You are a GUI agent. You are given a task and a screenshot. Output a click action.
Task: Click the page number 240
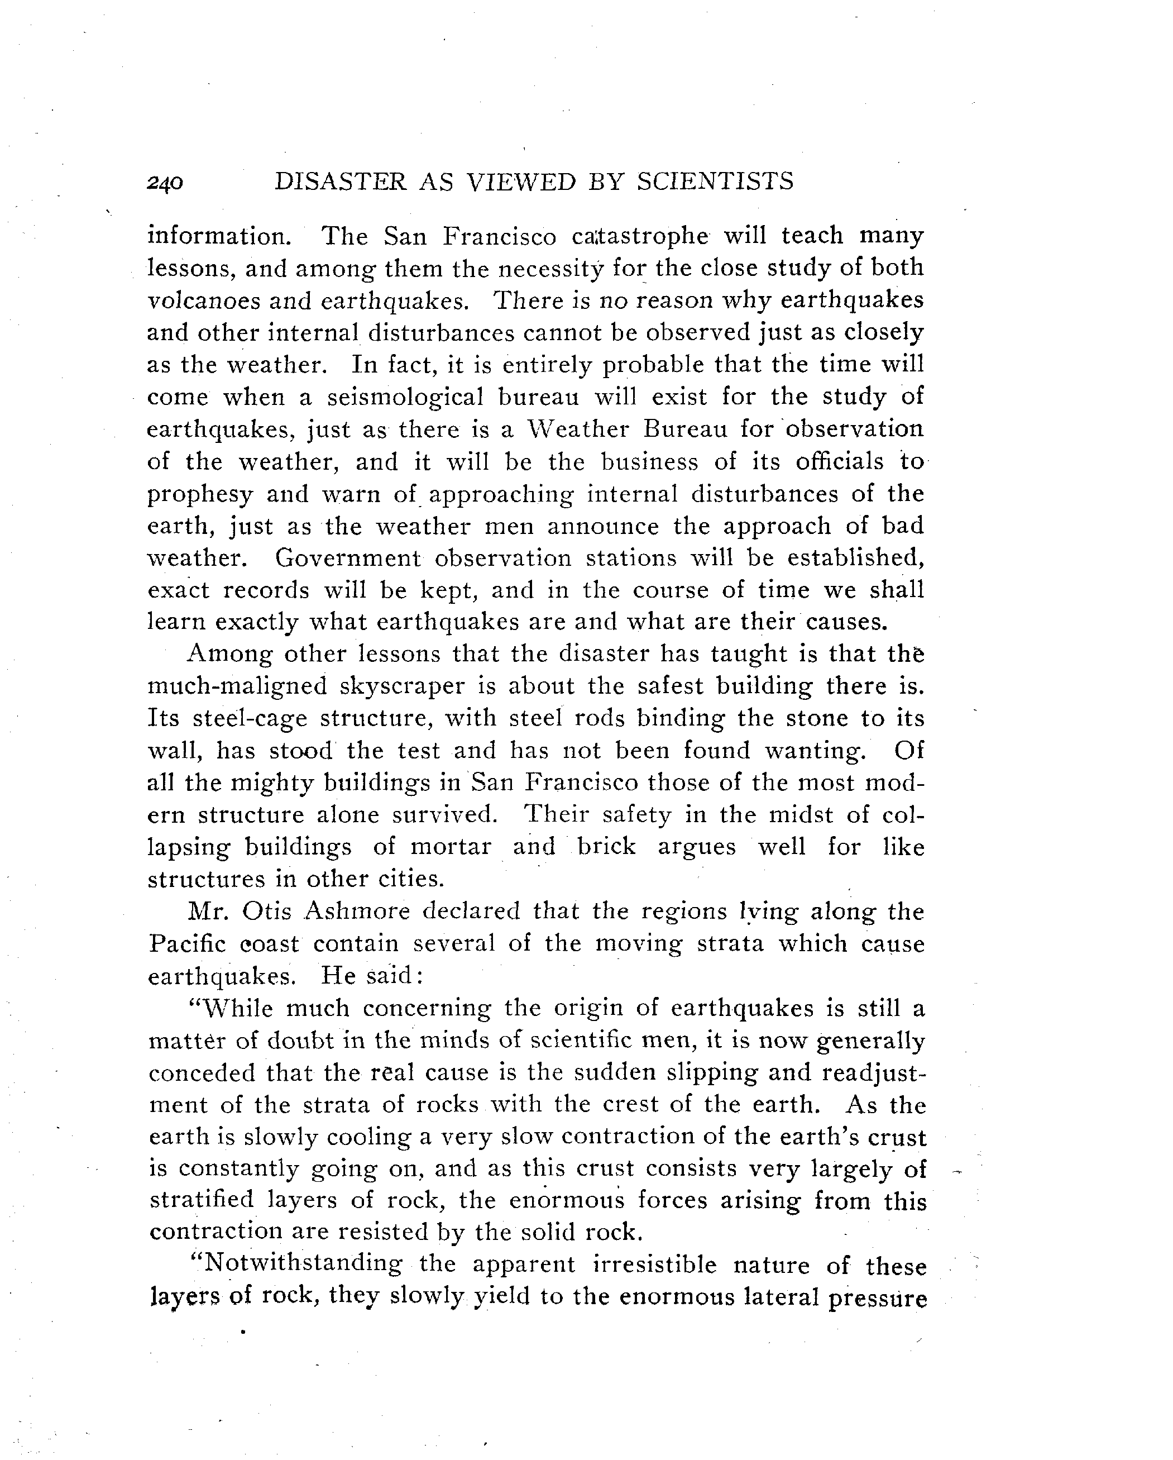tap(165, 183)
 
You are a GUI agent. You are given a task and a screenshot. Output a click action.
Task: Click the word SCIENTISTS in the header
tap(715, 182)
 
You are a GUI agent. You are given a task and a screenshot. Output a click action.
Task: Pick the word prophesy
tap(200, 494)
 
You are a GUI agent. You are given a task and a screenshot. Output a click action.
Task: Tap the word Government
tap(347, 558)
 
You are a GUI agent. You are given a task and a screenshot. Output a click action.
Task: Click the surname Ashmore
tap(357, 912)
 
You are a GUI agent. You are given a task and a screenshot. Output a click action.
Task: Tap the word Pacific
tap(187, 944)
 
